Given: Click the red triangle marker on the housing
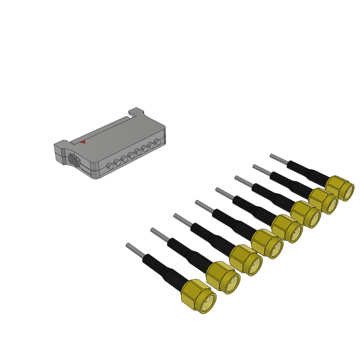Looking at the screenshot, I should (x=83, y=142).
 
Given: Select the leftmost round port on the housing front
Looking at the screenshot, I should (x=109, y=166).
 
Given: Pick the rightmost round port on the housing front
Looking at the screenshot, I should (x=157, y=142).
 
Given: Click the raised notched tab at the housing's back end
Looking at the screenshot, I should (x=137, y=112).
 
